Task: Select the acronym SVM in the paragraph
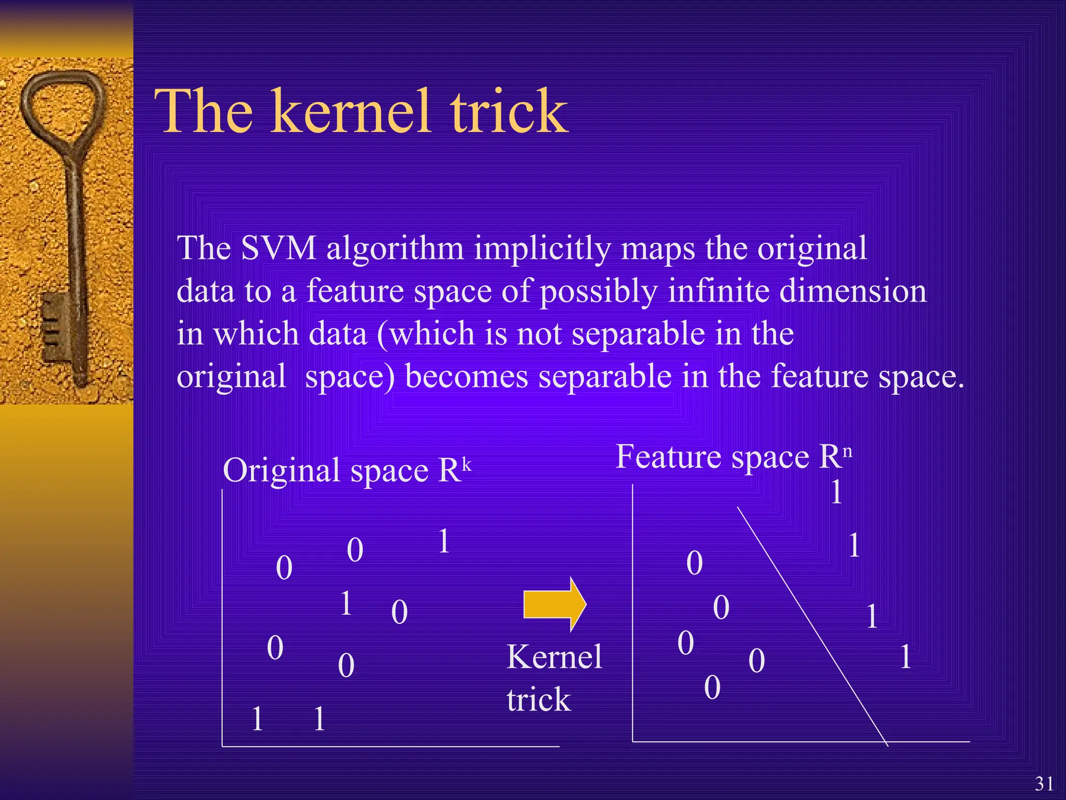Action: coord(278,248)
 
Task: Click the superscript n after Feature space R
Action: coord(847,451)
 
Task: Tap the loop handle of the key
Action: coord(62,104)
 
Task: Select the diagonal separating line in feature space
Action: coord(812,625)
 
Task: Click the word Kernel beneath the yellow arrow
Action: coord(554,657)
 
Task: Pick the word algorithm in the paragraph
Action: coord(395,249)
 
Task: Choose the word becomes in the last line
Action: coord(466,376)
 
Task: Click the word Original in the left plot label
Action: coord(282,471)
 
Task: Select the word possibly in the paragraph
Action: coord(599,292)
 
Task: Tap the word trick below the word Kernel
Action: coord(539,699)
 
